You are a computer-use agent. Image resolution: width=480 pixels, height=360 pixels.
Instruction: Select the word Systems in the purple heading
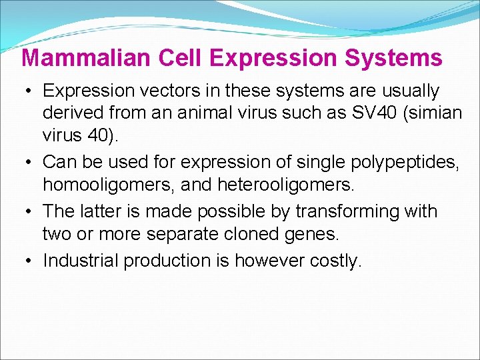pyautogui.click(x=393, y=58)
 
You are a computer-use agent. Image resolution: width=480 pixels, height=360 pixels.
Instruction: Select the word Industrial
pyautogui.click(x=81, y=261)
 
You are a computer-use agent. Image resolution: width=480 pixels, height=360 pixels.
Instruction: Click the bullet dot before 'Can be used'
pyautogui.click(x=30, y=161)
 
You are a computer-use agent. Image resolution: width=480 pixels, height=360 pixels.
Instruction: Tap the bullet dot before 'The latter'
pyautogui.click(x=30, y=212)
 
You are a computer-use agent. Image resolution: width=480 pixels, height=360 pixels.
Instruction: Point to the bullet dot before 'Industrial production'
pyautogui.click(x=30, y=261)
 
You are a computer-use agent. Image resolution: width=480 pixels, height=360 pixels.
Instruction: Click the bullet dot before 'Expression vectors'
pyautogui.click(x=30, y=91)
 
